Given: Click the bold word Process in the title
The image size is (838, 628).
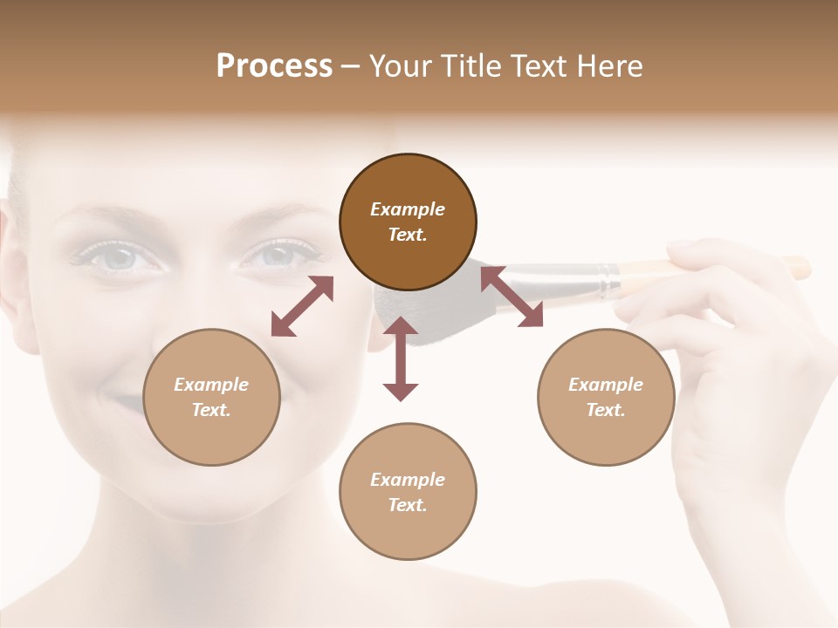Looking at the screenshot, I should click(x=274, y=66).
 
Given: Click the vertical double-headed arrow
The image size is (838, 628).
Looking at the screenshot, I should click(x=401, y=358).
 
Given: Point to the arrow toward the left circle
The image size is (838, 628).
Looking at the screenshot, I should click(x=302, y=306).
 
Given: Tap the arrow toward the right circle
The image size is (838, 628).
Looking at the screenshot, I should click(x=512, y=297).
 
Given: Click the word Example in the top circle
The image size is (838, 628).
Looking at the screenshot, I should click(x=408, y=209).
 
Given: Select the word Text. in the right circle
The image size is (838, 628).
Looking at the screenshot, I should click(x=606, y=410).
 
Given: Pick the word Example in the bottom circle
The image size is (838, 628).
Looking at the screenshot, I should click(x=408, y=480).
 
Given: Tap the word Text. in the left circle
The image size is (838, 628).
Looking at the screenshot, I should click(x=211, y=410).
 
